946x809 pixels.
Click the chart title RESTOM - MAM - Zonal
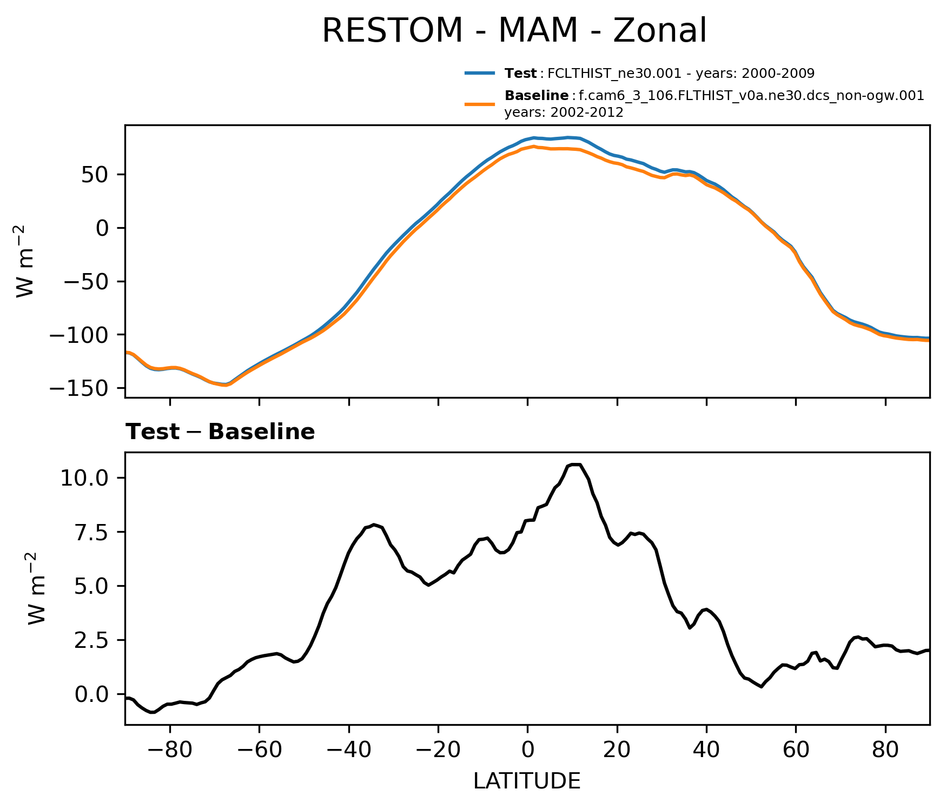click(514, 31)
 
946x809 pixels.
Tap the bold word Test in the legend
click(520, 73)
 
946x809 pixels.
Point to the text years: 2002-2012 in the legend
click(564, 112)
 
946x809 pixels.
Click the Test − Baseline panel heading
click(220, 432)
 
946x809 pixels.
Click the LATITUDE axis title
click(527, 781)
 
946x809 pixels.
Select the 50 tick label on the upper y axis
click(96, 175)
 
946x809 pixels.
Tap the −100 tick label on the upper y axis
click(80, 335)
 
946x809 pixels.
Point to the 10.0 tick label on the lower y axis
click(85, 478)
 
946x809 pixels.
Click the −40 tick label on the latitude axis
click(348, 750)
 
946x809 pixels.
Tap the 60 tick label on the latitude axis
click(796, 750)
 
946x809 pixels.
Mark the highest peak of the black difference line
click(575, 465)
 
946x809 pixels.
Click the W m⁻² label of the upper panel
click(25, 261)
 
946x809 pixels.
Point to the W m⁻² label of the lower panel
click(36, 588)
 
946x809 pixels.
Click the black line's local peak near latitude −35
click(374, 525)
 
